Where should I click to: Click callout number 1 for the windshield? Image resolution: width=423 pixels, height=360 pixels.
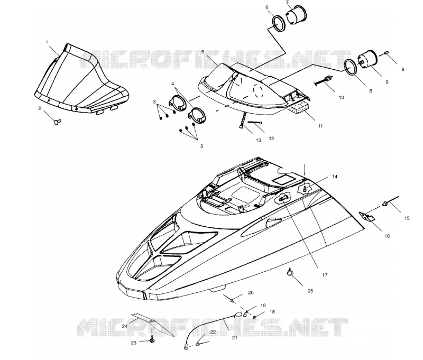tap(47, 42)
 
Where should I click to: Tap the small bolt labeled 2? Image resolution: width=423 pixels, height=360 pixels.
tap(58, 122)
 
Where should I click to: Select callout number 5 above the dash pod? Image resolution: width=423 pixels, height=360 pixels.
tap(203, 51)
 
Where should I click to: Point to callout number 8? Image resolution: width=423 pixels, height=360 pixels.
tap(403, 69)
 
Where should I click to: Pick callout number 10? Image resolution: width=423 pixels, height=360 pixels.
tap(341, 97)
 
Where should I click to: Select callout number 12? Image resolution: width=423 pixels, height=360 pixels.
tap(271, 139)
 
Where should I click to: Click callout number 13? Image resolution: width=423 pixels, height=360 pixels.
tap(259, 140)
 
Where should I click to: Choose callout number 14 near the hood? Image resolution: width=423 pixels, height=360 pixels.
tap(335, 177)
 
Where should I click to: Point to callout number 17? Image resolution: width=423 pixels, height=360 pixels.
tap(325, 275)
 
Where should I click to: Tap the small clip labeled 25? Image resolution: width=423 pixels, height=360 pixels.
tap(290, 273)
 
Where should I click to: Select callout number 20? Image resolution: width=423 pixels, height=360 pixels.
tap(251, 292)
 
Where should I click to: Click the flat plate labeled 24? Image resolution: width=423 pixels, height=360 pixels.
tap(152, 325)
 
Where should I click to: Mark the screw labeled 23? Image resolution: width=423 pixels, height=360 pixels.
tap(152, 340)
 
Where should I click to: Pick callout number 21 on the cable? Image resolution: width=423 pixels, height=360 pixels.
tap(235, 337)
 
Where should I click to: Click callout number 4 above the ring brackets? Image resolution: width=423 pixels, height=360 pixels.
tap(173, 84)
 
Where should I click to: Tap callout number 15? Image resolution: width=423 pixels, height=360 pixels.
tap(407, 218)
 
